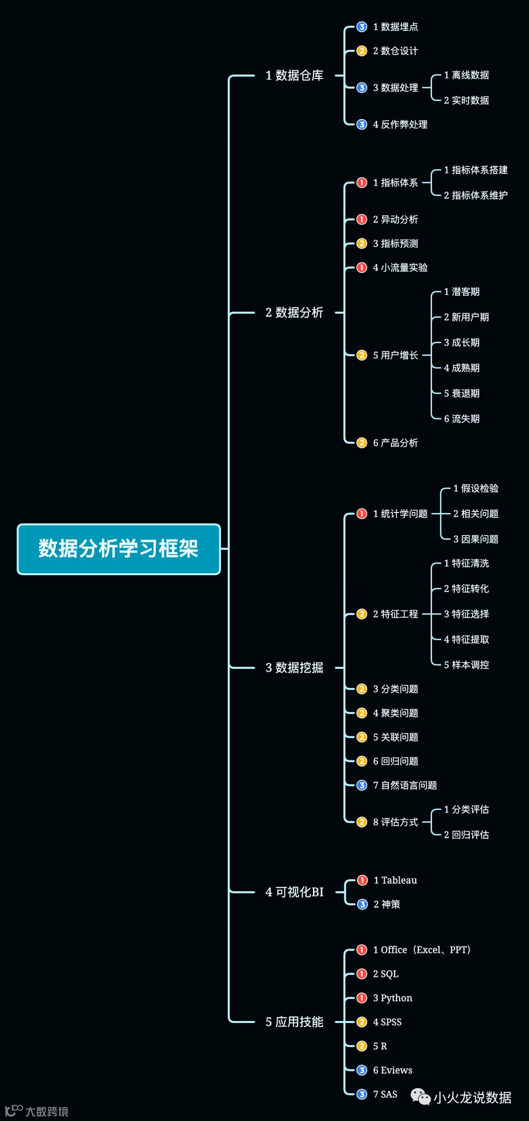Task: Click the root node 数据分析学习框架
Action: [x=119, y=549]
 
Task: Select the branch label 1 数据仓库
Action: [x=294, y=75]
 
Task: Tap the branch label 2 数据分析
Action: [x=294, y=313]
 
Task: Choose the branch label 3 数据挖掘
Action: [x=294, y=667]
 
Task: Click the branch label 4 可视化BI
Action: [x=294, y=892]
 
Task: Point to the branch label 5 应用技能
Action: [x=294, y=1022]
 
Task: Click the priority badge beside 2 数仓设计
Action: [x=361, y=51]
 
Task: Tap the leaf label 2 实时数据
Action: [x=466, y=100]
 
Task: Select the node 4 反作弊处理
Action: [x=400, y=124]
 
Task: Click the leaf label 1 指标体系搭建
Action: [x=476, y=170]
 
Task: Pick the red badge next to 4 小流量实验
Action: [x=361, y=268]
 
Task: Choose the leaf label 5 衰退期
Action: [x=461, y=393]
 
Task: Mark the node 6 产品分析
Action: [x=395, y=443]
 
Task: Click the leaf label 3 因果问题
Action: [x=476, y=539]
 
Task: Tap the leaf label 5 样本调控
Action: [x=466, y=665]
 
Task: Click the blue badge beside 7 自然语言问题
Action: [x=361, y=785]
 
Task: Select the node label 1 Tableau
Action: [x=395, y=880]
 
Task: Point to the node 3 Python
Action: [x=392, y=998]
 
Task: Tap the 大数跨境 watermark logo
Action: [x=37, y=1111]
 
